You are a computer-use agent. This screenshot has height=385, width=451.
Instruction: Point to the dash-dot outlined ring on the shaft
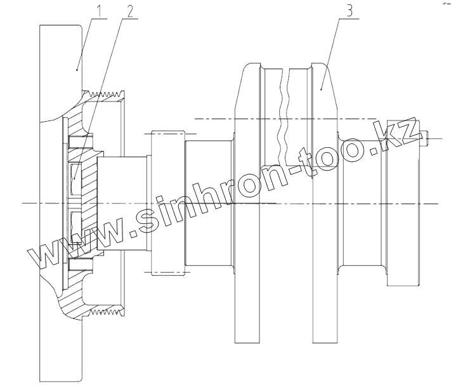point(167,203)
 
